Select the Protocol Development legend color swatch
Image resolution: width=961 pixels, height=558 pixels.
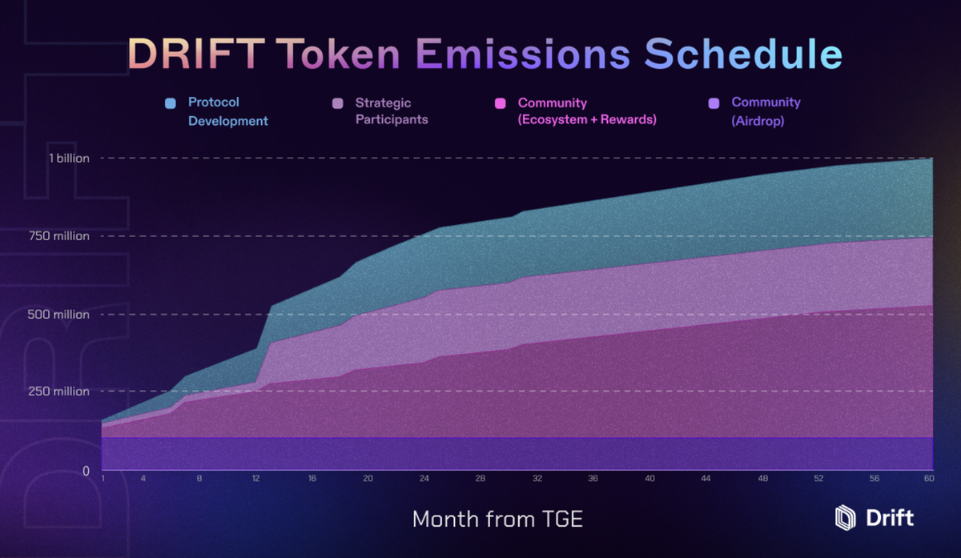tap(170, 103)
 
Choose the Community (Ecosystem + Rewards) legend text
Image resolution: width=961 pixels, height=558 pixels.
tap(587, 111)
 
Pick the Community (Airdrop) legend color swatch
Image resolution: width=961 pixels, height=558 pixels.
tap(714, 103)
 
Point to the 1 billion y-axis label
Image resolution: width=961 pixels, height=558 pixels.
tap(69, 159)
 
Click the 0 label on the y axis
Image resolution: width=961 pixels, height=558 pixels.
tap(86, 470)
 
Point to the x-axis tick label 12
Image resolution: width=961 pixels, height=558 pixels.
tap(255, 479)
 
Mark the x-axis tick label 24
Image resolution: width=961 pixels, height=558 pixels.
tap(424, 479)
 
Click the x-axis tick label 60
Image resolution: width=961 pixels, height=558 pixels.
tap(930, 479)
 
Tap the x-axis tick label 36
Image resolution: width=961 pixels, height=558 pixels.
tap(593, 479)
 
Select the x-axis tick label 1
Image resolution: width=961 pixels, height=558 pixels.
tap(103, 479)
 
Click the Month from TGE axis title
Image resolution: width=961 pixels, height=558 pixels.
tap(497, 520)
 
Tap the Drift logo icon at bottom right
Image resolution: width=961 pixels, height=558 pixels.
tap(845, 518)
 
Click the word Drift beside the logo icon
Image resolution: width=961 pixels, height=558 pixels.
tap(890, 518)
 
